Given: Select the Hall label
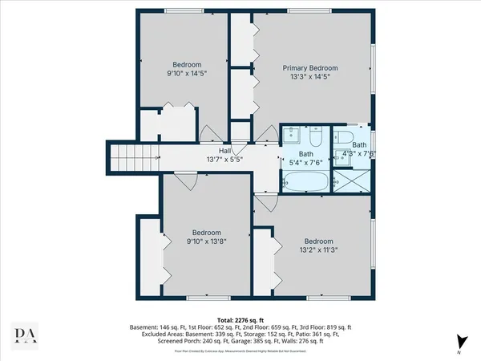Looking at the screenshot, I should click(x=226, y=150).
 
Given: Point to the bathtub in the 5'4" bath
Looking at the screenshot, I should click(x=304, y=184).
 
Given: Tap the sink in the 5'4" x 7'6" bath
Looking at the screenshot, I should click(x=290, y=136).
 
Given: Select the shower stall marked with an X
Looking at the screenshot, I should click(x=351, y=180).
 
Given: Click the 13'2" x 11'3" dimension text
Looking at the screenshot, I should click(x=318, y=250).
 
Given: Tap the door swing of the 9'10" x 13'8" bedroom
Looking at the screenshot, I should click(x=185, y=181).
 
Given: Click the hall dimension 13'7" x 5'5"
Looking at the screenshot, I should click(x=226, y=159).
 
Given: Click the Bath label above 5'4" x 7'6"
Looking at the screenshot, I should click(x=306, y=153).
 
